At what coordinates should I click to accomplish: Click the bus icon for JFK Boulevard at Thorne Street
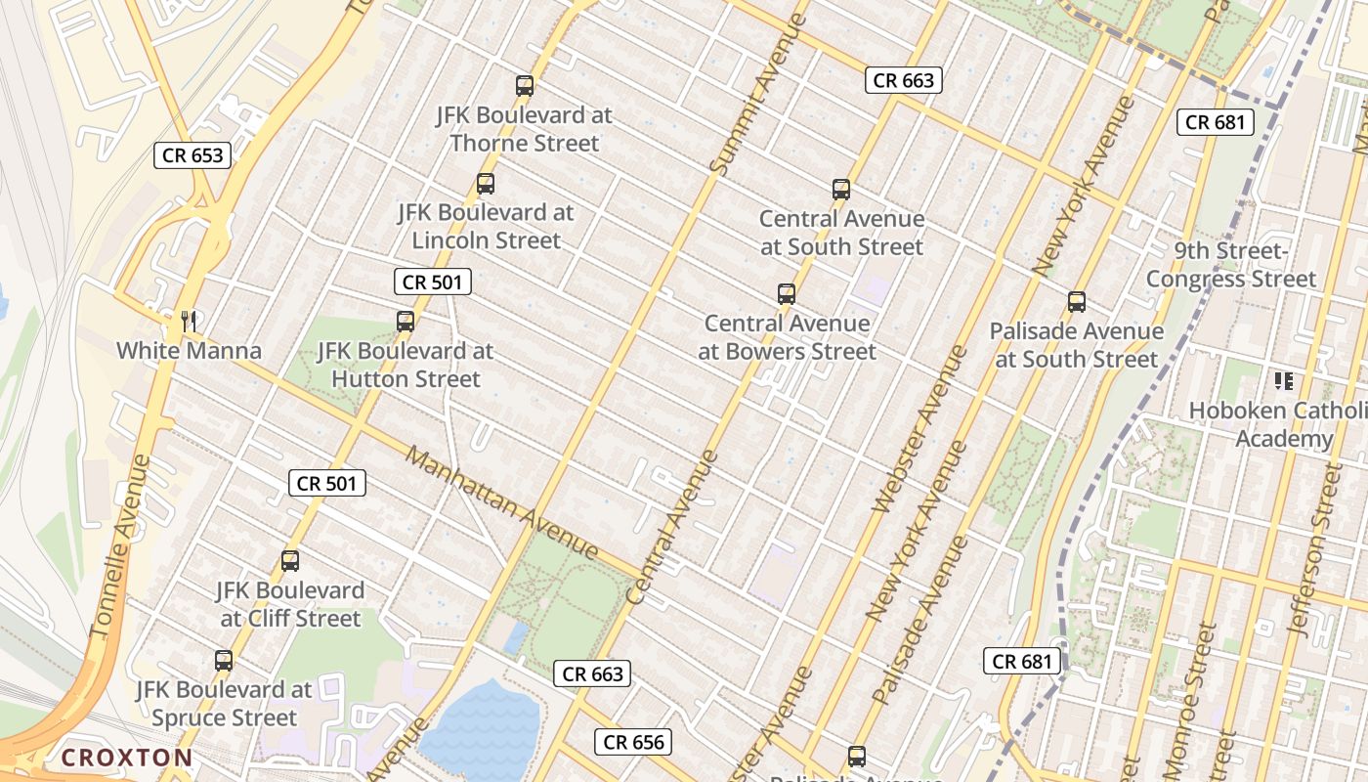pos(525,86)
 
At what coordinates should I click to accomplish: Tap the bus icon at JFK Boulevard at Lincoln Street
pos(486,184)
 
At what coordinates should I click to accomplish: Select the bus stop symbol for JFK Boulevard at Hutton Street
pos(406,322)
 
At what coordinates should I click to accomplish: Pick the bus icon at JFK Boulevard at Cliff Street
pos(290,561)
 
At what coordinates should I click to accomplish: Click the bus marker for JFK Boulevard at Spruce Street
pos(224,661)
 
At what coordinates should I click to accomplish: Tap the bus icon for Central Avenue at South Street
pos(841,190)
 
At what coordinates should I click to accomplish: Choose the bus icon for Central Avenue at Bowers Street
pos(787,294)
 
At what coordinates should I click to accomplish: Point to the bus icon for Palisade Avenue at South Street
pos(1077,302)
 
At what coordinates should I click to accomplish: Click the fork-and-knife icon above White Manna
pos(190,321)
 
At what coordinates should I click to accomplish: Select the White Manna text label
pos(190,351)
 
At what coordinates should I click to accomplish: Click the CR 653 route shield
pos(192,155)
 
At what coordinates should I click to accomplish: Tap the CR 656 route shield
pos(634,742)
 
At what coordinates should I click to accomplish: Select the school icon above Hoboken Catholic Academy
pos(1283,380)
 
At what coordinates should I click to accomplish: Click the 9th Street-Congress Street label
pos(1231,265)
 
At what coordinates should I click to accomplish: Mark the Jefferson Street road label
pos(1316,553)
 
